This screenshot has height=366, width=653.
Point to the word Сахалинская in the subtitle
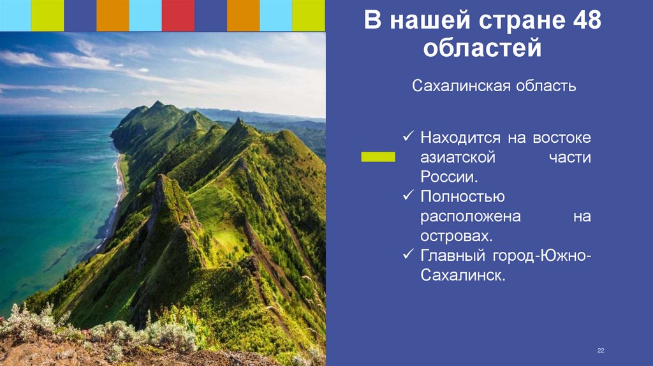[455, 85]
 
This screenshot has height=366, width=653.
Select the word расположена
[471, 216]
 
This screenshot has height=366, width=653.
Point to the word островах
[456, 236]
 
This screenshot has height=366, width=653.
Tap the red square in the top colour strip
[178, 15]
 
